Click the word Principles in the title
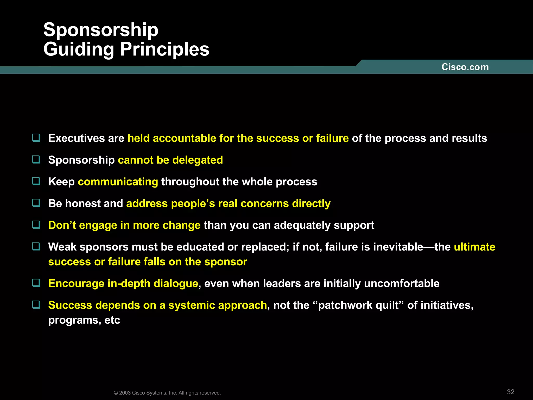[164, 49]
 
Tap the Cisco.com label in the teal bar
[465, 67]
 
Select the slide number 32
[511, 392]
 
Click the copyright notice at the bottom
[167, 393]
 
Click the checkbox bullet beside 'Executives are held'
[36, 137]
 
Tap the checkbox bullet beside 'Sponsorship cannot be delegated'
[36, 159]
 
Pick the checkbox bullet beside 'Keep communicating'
[36, 181]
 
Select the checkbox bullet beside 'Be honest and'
[36, 203]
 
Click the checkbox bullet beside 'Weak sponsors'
[36, 246]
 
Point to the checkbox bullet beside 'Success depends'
[36, 304]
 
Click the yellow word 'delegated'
[198, 160]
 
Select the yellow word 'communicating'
[118, 182]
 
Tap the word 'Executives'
[77, 138]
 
